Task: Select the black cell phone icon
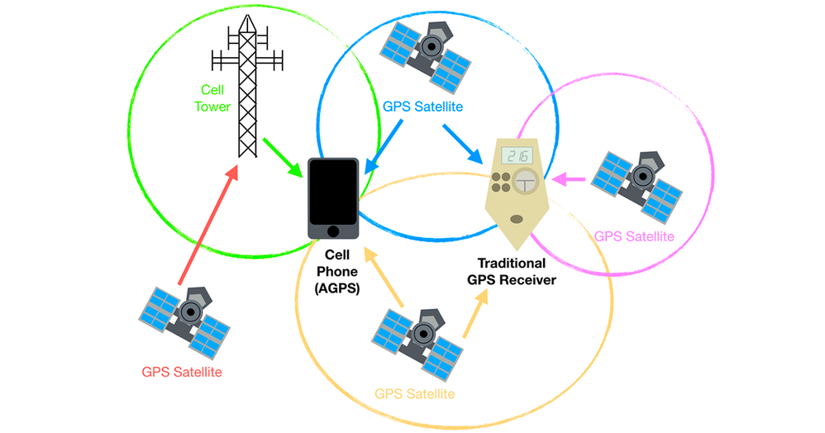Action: tap(334, 198)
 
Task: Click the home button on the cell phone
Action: tap(334, 230)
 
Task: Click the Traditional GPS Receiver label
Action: tap(512, 272)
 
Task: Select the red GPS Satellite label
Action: tap(182, 372)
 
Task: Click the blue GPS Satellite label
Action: tap(422, 107)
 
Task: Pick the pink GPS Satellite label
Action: tap(634, 237)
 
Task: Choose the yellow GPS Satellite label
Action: tap(415, 393)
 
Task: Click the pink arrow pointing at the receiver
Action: tap(571, 178)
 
